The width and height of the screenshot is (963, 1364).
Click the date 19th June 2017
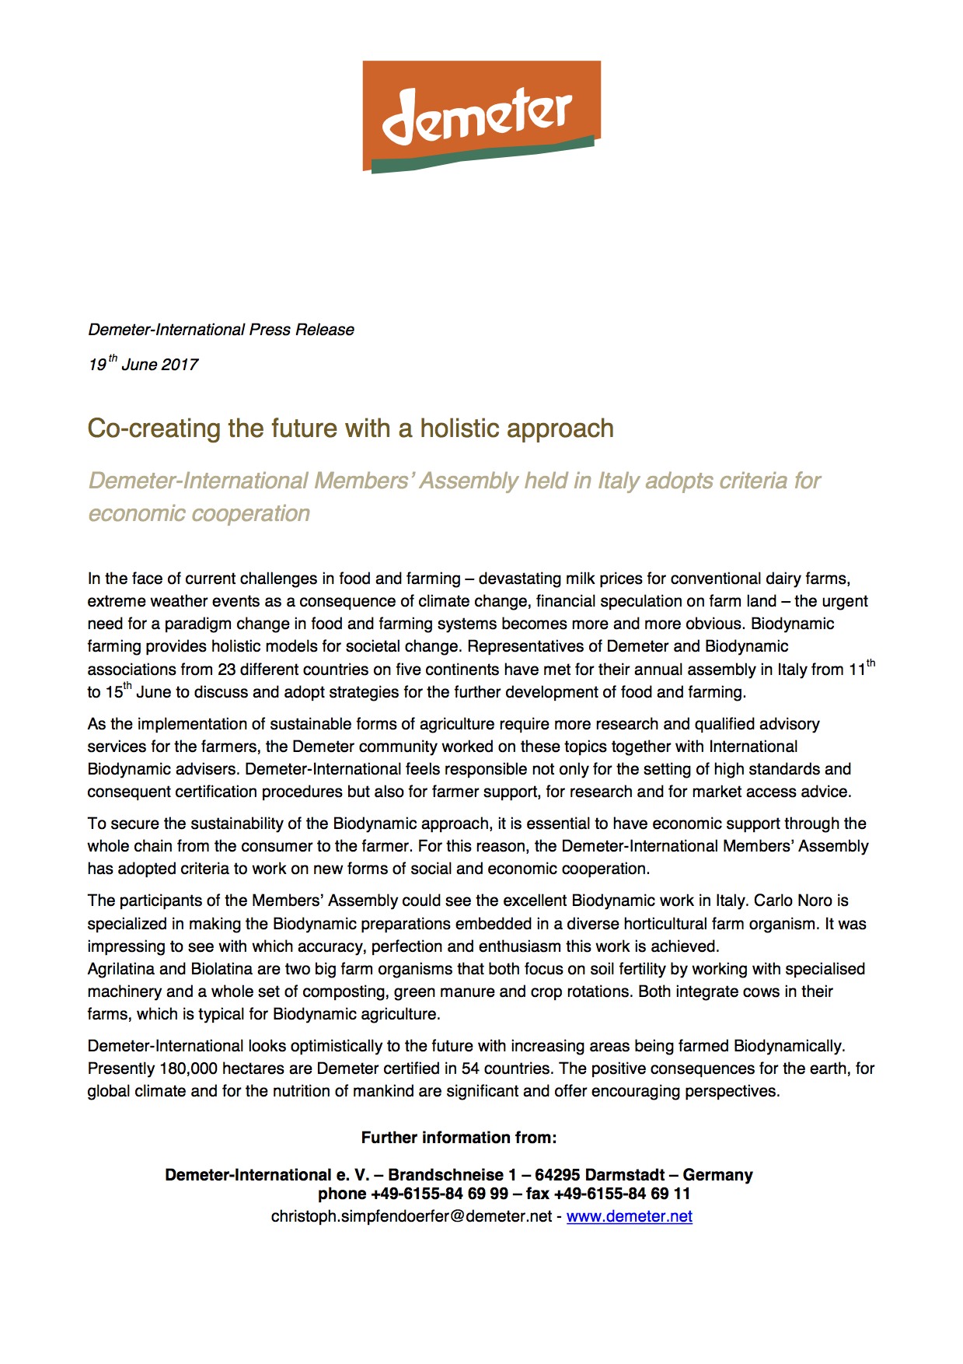click(x=143, y=364)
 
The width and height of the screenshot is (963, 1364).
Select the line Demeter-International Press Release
click(x=221, y=330)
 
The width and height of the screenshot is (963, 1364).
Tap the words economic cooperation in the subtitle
click(x=199, y=513)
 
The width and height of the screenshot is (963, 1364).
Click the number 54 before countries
click(x=470, y=1068)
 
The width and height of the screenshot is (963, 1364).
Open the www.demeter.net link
click(x=629, y=1216)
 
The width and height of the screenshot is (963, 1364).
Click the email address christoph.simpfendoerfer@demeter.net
click(x=411, y=1216)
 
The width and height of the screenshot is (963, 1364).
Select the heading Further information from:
click(x=459, y=1138)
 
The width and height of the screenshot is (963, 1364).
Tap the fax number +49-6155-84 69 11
click(x=622, y=1194)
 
